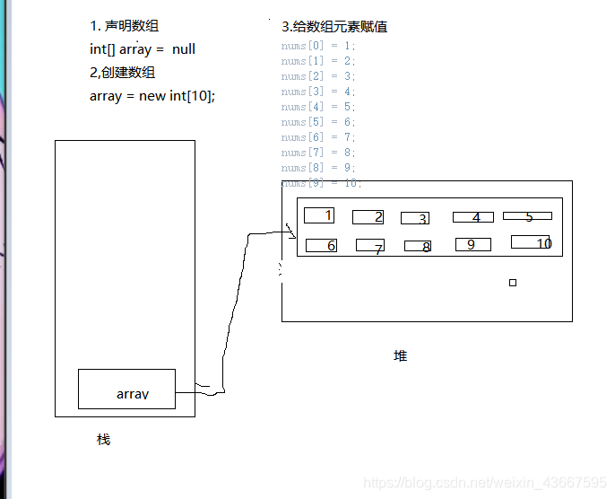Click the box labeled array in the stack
(126, 389)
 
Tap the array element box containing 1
(319, 215)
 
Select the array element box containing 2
(368, 216)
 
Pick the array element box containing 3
(415, 218)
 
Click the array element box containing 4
(472, 217)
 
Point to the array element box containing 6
(321, 245)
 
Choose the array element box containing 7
(369, 245)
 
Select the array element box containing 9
(472, 244)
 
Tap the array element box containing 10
(530, 241)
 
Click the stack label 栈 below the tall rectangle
(103, 440)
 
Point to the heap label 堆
(400, 355)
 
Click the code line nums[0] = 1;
(318, 46)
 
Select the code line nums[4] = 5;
(318, 107)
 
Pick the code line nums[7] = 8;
(318, 153)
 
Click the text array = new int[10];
(152, 96)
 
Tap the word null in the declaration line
(184, 49)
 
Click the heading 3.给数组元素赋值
(334, 27)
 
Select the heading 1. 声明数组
(125, 26)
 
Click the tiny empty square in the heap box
(513, 283)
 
